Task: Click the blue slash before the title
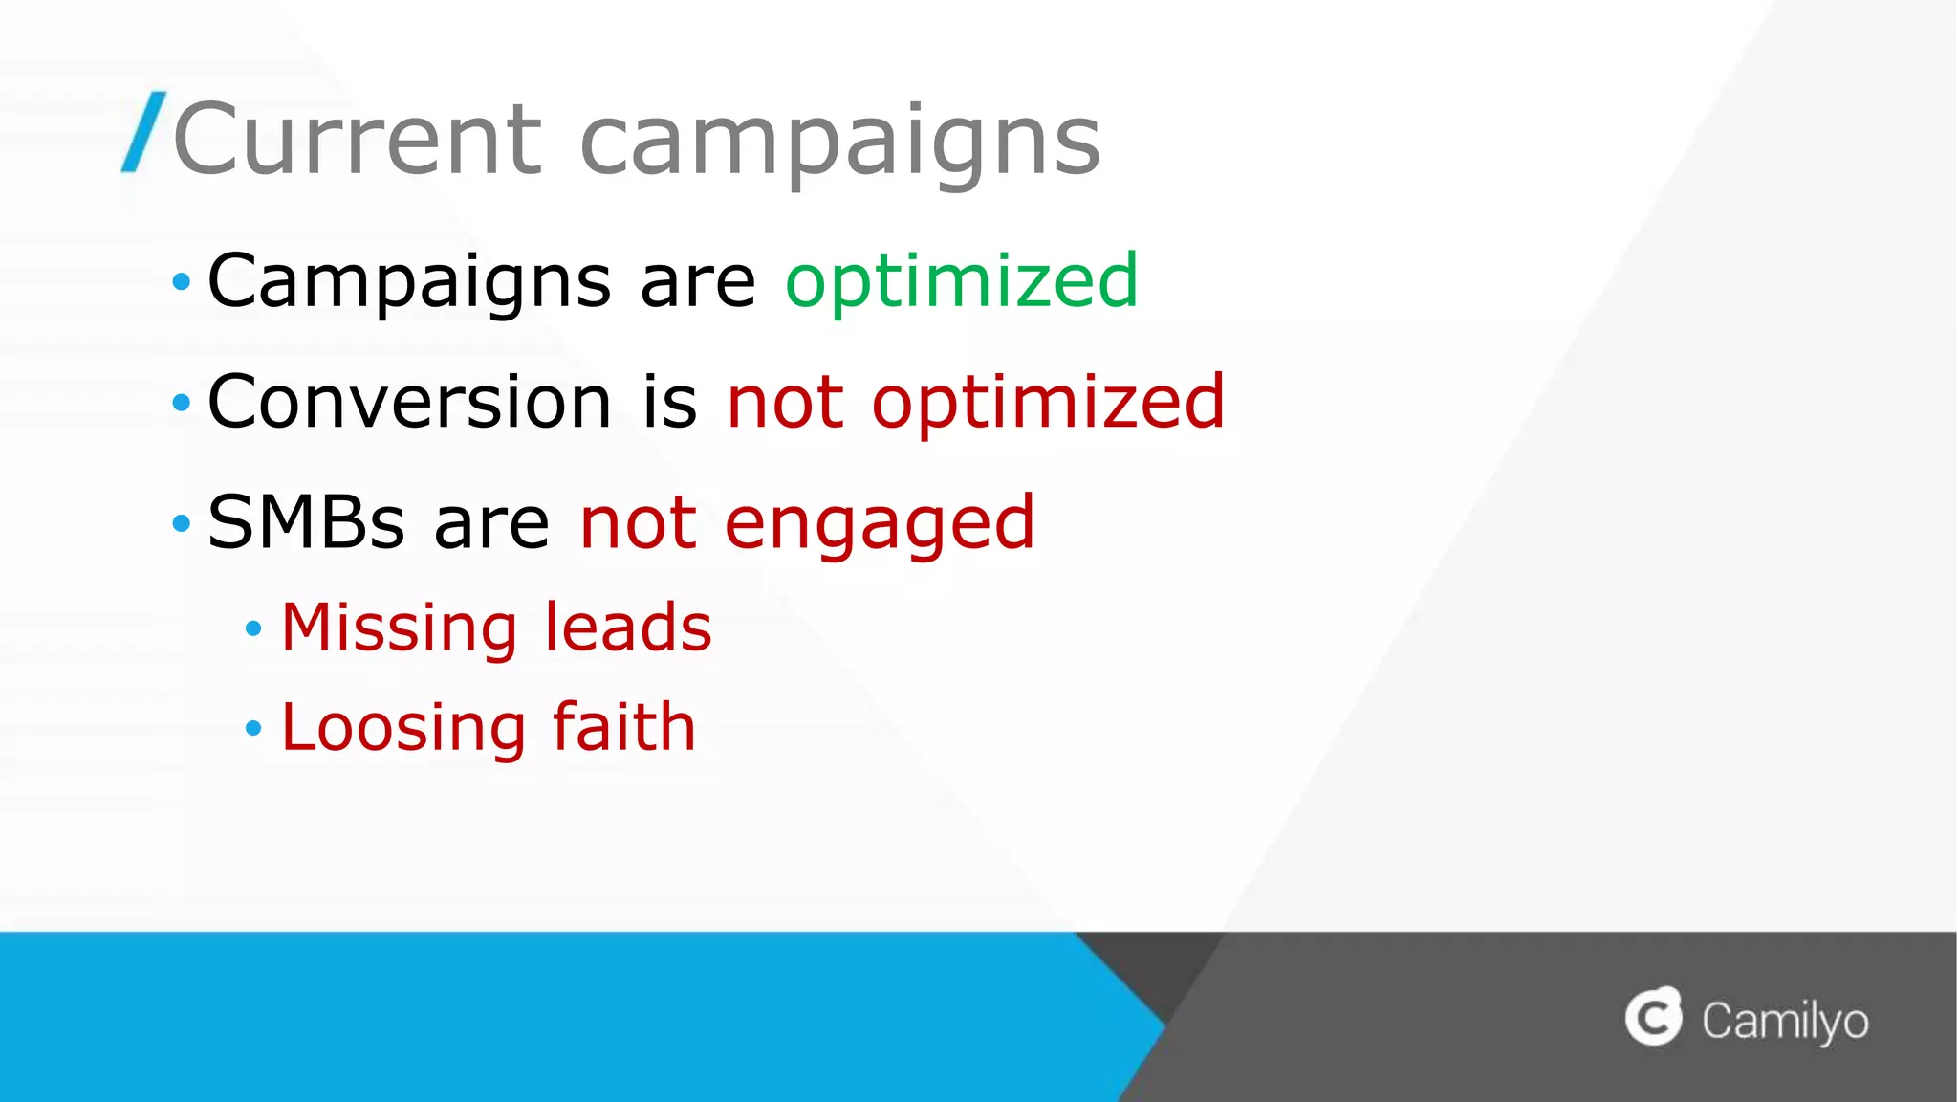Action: click(143, 132)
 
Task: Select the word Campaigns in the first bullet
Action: click(409, 281)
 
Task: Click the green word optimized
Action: click(962, 281)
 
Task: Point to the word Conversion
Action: click(409, 401)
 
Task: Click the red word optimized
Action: click(1048, 403)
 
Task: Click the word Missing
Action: click(400, 628)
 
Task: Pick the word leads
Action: click(628, 628)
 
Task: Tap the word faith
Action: click(624, 727)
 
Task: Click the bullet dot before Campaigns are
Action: click(181, 282)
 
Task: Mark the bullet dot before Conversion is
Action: click(181, 403)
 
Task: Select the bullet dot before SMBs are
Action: click(181, 523)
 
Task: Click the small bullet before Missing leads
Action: click(253, 628)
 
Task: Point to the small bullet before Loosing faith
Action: click(253, 729)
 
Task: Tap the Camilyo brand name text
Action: click(1785, 1022)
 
